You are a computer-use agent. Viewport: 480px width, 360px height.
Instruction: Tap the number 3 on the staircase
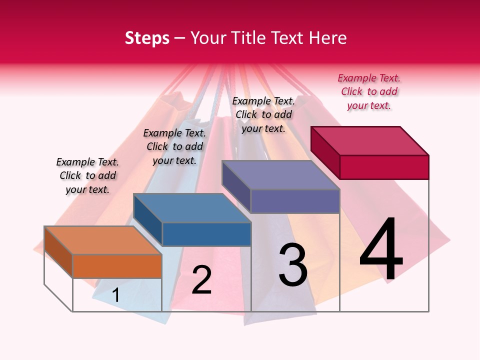[x=293, y=264]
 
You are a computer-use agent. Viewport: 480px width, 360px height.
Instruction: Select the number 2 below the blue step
[x=201, y=279]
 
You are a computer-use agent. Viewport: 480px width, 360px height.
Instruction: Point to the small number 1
[x=115, y=295]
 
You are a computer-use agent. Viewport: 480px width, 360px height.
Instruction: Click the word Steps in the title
[x=147, y=38]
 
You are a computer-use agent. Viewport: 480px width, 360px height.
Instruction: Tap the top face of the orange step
[x=103, y=240]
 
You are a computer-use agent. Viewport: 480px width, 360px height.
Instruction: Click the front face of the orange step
[x=117, y=266]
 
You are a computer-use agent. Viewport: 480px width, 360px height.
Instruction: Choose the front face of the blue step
[x=206, y=234]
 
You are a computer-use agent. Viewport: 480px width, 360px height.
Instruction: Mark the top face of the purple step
[x=280, y=175]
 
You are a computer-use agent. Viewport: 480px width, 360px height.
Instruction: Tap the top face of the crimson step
[x=370, y=140]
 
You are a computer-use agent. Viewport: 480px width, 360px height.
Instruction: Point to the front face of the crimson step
[x=384, y=167]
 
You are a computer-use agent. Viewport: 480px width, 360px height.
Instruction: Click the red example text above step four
[x=369, y=91]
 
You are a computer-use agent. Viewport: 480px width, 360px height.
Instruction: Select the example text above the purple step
[x=263, y=114]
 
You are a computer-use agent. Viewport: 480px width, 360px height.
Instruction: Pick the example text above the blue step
[x=174, y=146]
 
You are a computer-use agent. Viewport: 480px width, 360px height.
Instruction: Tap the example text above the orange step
[x=87, y=175]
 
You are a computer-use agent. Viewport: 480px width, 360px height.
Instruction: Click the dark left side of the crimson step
[x=325, y=152]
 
